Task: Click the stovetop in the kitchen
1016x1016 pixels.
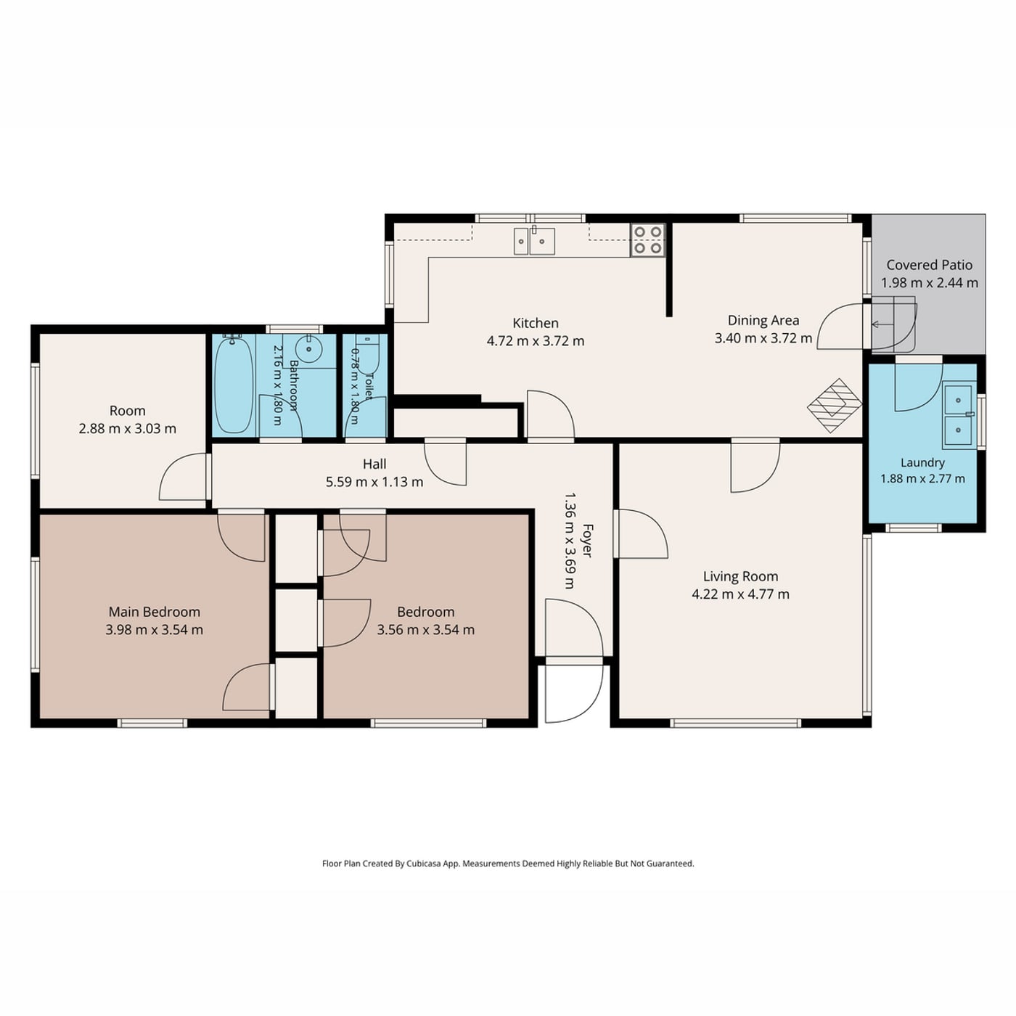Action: pyautogui.click(x=647, y=239)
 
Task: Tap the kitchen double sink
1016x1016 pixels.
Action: pyautogui.click(x=534, y=241)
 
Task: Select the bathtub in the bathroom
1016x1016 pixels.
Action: pyautogui.click(x=232, y=385)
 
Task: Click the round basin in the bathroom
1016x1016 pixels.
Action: pyautogui.click(x=308, y=348)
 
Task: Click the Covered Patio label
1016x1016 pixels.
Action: pyautogui.click(x=930, y=265)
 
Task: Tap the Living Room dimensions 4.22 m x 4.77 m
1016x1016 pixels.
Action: pyautogui.click(x=740, y=594)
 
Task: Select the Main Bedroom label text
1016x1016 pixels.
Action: pyautogui.click(x=155, y=612)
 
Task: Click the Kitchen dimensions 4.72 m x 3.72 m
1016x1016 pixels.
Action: pyautogui.click(x=535, y=340)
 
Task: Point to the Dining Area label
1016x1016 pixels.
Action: pyautogui.click(x=763, y=320)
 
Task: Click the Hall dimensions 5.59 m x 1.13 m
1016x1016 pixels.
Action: pyautogui.click(x=374, y=481)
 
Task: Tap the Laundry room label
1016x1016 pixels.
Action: pyautogui.click(x=922, y=462)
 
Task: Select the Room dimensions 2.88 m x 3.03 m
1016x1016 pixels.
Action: pyautogui.click(x=128, y=429)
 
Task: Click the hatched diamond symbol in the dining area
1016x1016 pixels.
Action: pyautogui.click(x=835, y=406)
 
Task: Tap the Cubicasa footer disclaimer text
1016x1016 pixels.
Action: pyautogui.click(x=508, y=863)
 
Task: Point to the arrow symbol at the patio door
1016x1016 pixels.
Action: pyautogui.click(x=882, y=324)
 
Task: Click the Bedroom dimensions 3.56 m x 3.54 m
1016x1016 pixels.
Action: pyautogui.click(x=425, y=629)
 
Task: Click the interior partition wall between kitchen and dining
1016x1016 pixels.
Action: pyautogui.click(x=668, y=270)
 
